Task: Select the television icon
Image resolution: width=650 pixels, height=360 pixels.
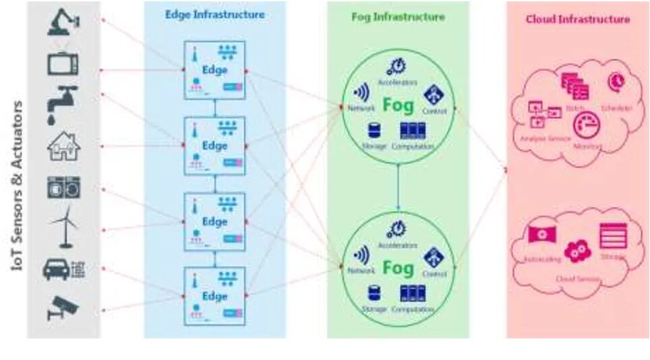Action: (x=63, y=63)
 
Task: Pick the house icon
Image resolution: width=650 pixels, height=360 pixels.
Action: (x=63, y=146)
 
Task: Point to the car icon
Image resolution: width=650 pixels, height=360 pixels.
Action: (x=56, y=268)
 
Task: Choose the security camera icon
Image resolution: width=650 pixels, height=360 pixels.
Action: (x=63, y=307)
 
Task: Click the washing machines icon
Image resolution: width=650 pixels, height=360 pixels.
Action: (x=63, y=187)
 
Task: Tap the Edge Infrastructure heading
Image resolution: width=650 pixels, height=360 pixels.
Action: (x=215, y=14)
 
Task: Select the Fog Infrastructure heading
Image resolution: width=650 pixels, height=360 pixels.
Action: (x=398, y=17)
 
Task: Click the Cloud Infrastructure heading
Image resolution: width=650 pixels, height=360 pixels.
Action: (x=578, y=19)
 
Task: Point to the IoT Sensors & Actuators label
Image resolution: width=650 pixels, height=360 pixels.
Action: (x=18, y=186)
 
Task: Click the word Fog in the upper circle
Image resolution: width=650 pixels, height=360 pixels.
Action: (x=398, y=105)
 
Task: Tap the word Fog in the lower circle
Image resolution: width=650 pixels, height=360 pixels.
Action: (x=398, y=268)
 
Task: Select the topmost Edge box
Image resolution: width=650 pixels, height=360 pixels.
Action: (x=215, y=70)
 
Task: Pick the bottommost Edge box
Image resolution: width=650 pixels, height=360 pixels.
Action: (x=215, y=296)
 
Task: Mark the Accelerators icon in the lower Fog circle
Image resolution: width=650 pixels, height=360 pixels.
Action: (x=396, y=228)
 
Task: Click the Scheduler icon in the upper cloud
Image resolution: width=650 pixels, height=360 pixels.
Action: (x=616, y=82)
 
